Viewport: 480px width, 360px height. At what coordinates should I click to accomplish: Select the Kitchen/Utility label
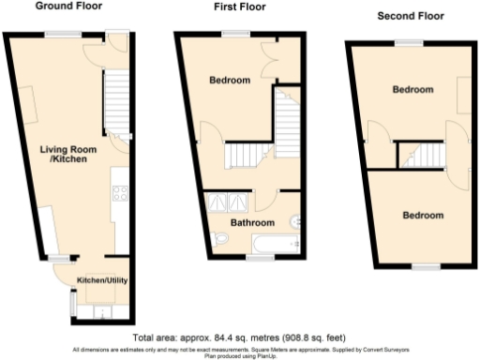pos(101,280)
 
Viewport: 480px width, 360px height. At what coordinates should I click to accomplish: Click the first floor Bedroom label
pos(230,82)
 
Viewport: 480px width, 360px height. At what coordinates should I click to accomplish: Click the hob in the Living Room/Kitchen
pos(120,195)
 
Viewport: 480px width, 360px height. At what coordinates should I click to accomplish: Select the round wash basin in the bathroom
pos(296,221)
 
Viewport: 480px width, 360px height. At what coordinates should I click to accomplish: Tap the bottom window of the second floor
pos(427,266)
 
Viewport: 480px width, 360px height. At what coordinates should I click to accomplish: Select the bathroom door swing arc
pos(263,199)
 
